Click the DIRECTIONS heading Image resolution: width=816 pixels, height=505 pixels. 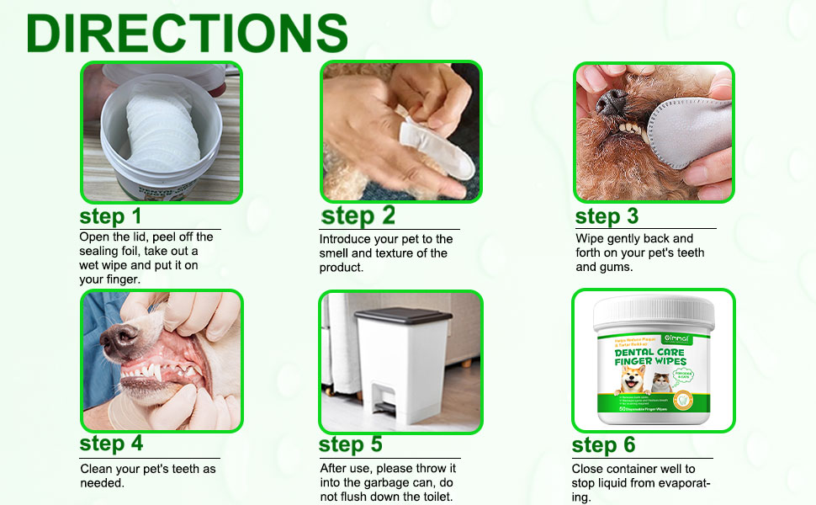coord(187,33)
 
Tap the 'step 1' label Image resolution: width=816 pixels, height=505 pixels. coord(111,216)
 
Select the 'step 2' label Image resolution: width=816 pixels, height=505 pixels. coord(358,215)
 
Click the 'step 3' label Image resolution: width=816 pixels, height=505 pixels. coord(607,216)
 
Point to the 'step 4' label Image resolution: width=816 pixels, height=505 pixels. coord(111,443)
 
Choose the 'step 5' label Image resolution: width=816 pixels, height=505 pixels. coord(351,444)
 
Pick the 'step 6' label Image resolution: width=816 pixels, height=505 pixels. coord(603,444)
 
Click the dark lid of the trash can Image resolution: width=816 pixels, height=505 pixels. coord(398,317)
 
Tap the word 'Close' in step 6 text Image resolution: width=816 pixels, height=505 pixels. coord(587,469)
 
